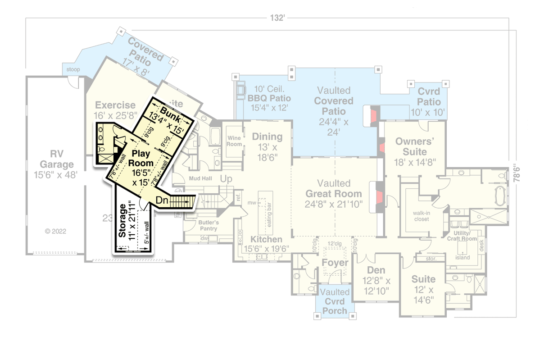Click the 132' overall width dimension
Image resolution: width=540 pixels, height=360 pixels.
(278, 18)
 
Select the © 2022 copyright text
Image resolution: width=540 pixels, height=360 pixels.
(56, 232)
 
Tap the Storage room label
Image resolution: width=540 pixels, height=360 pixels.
(122, 220)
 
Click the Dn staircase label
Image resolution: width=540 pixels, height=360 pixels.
(163, 200)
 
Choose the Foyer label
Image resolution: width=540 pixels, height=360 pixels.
(335, 263)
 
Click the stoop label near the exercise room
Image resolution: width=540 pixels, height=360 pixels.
(73, 69)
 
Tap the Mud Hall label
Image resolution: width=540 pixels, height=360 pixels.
(200, 178)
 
